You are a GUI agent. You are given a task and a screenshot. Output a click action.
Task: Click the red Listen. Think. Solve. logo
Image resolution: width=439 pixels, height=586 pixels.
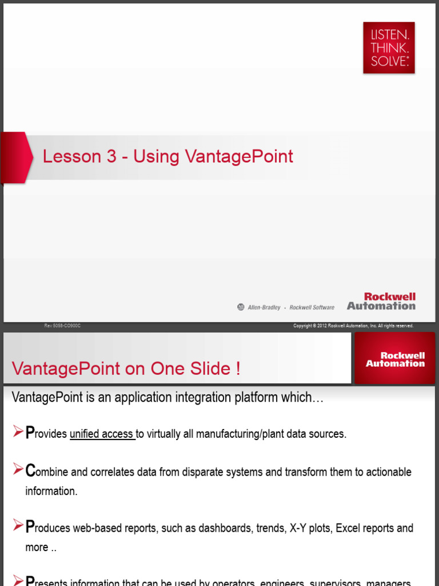point(389,48)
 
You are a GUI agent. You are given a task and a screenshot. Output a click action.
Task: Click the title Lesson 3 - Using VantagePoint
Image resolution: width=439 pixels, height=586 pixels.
point(168,157)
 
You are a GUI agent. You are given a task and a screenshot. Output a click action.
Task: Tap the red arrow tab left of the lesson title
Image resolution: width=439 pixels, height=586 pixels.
point(15,157)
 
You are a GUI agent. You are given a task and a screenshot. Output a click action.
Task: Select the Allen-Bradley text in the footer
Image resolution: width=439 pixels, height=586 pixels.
point(264,307)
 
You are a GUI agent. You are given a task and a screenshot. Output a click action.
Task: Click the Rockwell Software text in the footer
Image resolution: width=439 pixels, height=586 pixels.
point(312,307)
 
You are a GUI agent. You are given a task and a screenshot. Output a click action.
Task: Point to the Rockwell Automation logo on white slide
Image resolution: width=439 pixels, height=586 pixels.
point(381,302)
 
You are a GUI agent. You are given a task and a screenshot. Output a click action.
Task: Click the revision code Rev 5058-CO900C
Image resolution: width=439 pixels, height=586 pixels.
point(63,326)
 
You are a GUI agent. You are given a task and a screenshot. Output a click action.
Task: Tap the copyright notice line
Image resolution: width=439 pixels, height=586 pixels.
point(353,326)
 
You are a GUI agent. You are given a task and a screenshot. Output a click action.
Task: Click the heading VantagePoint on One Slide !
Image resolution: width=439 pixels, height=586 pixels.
point(126,369)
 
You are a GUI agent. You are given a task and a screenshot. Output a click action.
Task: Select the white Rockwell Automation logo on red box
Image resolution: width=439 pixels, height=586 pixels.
point(395,359)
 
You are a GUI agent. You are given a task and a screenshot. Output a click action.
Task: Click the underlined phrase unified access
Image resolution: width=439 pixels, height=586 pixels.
point(102,434)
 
